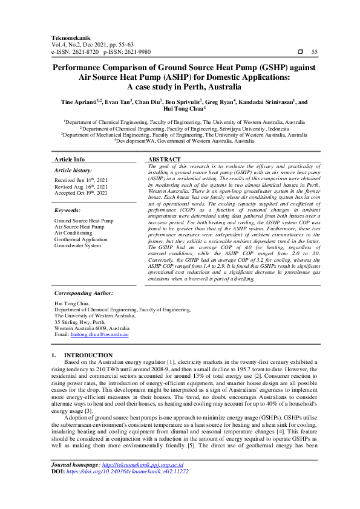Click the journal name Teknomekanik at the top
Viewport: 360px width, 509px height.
click(69, 36)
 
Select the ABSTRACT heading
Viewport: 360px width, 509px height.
click(164, 160)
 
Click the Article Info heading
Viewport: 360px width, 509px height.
click(70, 160)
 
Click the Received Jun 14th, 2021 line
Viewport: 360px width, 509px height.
click(80, 180)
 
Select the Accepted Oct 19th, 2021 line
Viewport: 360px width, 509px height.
click(81, 193)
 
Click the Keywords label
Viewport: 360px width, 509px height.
click(68, 210)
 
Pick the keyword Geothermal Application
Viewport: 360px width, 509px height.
click(83, 239)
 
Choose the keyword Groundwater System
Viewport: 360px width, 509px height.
click(77, 246)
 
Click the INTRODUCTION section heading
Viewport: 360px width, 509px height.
click(88, 355)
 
